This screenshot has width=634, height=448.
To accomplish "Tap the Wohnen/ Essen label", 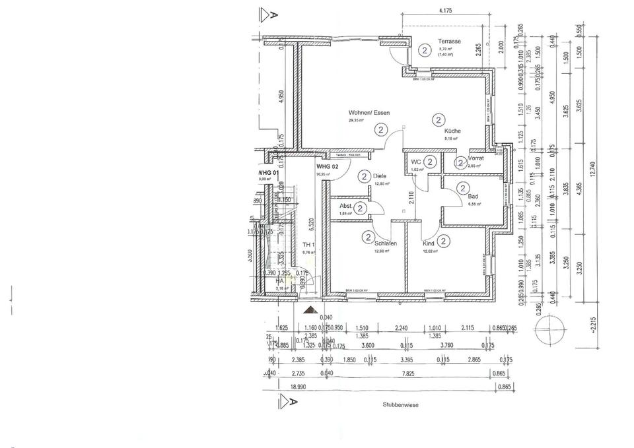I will (369, 113).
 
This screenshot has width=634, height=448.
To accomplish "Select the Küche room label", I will (452, 131).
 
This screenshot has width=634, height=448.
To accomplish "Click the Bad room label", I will (472, 197).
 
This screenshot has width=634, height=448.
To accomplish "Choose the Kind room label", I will (429, 243).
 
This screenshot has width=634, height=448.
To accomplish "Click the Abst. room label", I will (345, 205).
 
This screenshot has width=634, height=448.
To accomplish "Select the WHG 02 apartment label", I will (328, 167).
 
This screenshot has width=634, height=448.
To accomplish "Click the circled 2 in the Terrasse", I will (423, 48).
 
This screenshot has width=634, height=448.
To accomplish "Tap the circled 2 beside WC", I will (430, 161).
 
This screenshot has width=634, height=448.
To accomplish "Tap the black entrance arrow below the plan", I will (309, 309).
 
